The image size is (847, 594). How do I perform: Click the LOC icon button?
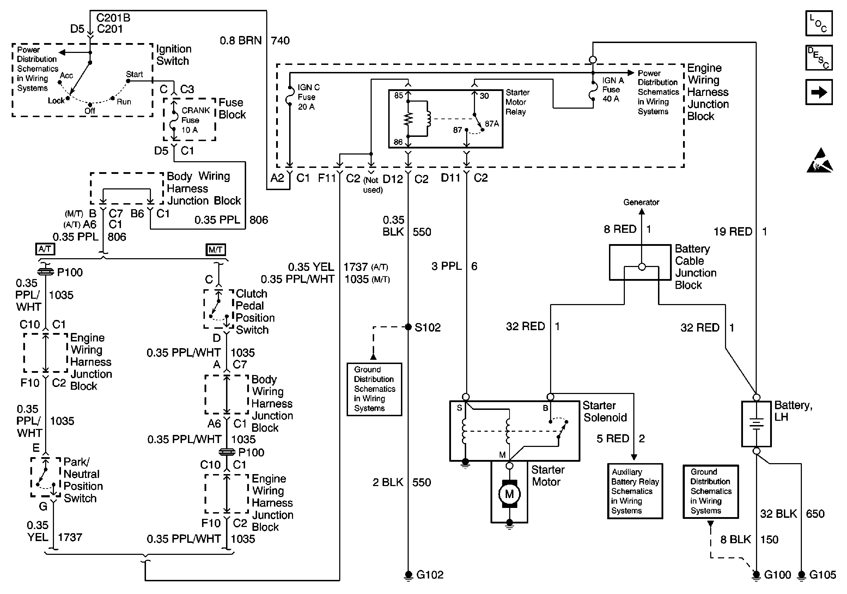tap(818, 23)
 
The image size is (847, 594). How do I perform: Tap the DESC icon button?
tap(818, 57)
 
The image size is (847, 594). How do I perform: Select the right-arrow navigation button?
tap(818, 92)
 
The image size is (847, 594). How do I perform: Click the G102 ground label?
tap(429, 575)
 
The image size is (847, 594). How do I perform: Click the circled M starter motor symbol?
tap(509, 494)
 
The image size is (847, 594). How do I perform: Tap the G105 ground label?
tap(822, 575)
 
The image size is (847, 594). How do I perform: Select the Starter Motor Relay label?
tap(517, 102)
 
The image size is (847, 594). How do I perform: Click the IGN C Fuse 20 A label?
tap(309, 97)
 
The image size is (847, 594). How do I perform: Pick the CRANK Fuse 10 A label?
tap(195, 120)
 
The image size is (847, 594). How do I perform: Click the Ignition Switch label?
tap(173, 55)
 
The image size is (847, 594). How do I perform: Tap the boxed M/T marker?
tap(215, 250)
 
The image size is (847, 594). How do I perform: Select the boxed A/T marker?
tap(45, 249)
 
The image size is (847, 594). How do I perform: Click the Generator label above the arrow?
tap(641, 202)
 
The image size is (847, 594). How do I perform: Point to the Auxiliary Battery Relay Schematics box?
tap(635, 491)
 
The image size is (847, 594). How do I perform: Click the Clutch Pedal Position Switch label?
tap(255, 312)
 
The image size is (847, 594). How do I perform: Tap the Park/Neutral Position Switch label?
tap(83, 480)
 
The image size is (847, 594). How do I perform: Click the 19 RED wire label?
tap(733, 232)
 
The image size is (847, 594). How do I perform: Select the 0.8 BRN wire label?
tap(240, 41)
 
